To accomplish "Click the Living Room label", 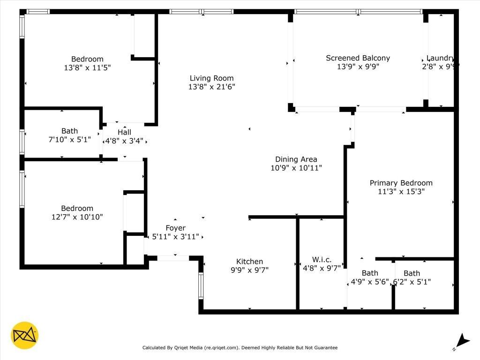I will pyautogui.click(x=211, y=78).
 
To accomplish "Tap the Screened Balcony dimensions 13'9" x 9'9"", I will pyautogui.click(x=358, y=67).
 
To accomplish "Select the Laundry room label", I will pyautogui.click(x=440, y=59).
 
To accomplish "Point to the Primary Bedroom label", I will pyautogui.click(x=401, y=183).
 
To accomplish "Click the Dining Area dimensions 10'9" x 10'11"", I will pyautogui.click(x=296, y=168).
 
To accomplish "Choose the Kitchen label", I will pyautogui.click(x=249, y=262).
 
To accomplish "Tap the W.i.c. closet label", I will pyautogui.click(x=322, y=260).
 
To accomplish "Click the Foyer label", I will pyautogui.click(x=175, y=228).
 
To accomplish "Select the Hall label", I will pyautogui.click(x=124, y=132).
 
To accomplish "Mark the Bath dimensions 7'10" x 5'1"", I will pyautogui.click(x=69, y=140).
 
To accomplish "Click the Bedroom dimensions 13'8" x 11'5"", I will pyautogui.click(x=87, y=67).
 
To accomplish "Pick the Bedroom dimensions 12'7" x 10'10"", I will pyautogui.click(x=77, y=217).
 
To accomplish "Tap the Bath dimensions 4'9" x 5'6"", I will pyautogui.click(x=370, y=282).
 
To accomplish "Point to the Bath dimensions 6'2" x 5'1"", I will pyautogui.click(x=412, y=282).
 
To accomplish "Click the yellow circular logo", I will pyautogui.click(x=24, y=336).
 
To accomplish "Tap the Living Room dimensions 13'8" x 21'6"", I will pyautogui.click(x=211, y=87).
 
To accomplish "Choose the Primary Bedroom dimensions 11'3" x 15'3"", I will pyautogui.click(x=401, y=191).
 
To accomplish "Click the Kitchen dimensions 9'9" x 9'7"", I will pyautogui.click(x=249, y=270).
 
